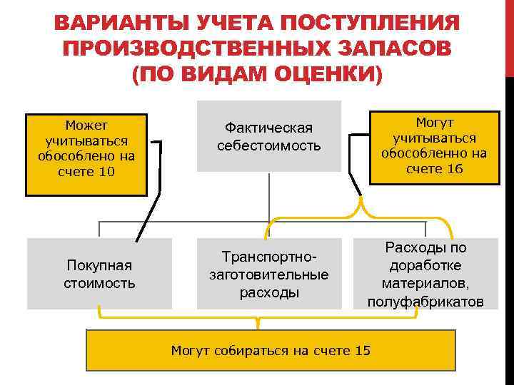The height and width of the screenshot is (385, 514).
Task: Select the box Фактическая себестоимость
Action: (268, 136)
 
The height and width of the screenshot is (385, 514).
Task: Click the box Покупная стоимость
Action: (99, 274)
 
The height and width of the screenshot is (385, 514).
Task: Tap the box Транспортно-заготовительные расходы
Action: (268, 274)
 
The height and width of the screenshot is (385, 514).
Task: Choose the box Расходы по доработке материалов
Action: (425, 274)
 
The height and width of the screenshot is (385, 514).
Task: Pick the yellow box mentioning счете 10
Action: (86, 154)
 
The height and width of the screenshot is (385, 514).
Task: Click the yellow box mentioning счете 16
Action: (434, 145)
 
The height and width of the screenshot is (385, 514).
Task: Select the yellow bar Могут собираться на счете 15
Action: (271, 351)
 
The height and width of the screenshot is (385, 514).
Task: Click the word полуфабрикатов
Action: (425, 302)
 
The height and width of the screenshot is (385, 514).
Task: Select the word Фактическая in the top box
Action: (268, 128)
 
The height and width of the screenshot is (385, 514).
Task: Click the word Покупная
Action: (99, 265)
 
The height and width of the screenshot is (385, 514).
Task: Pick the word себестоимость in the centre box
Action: (268, 145)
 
